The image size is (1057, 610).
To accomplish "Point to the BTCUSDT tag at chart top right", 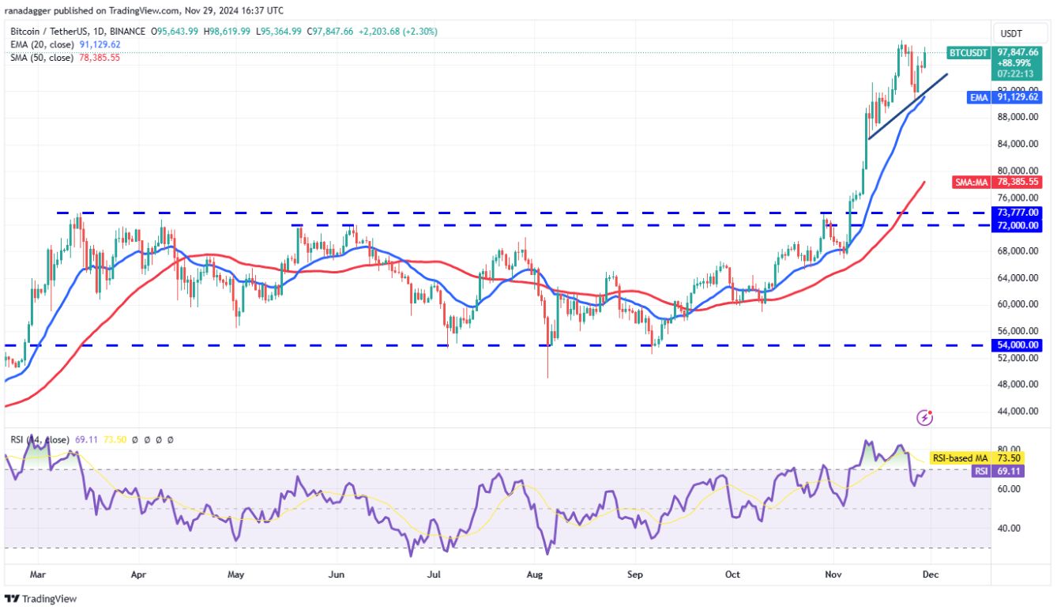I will tap(968, 52).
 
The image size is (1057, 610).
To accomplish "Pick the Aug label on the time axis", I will tap(536, 575).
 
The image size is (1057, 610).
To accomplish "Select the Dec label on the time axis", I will tap(931, 575).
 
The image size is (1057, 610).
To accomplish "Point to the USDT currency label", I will tap(1011, 34).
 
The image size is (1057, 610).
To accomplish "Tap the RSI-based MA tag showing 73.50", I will tap(957, 457).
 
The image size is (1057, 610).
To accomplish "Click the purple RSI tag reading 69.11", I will tap(980, 471).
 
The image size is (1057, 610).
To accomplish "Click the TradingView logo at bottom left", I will tap(41, 599).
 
